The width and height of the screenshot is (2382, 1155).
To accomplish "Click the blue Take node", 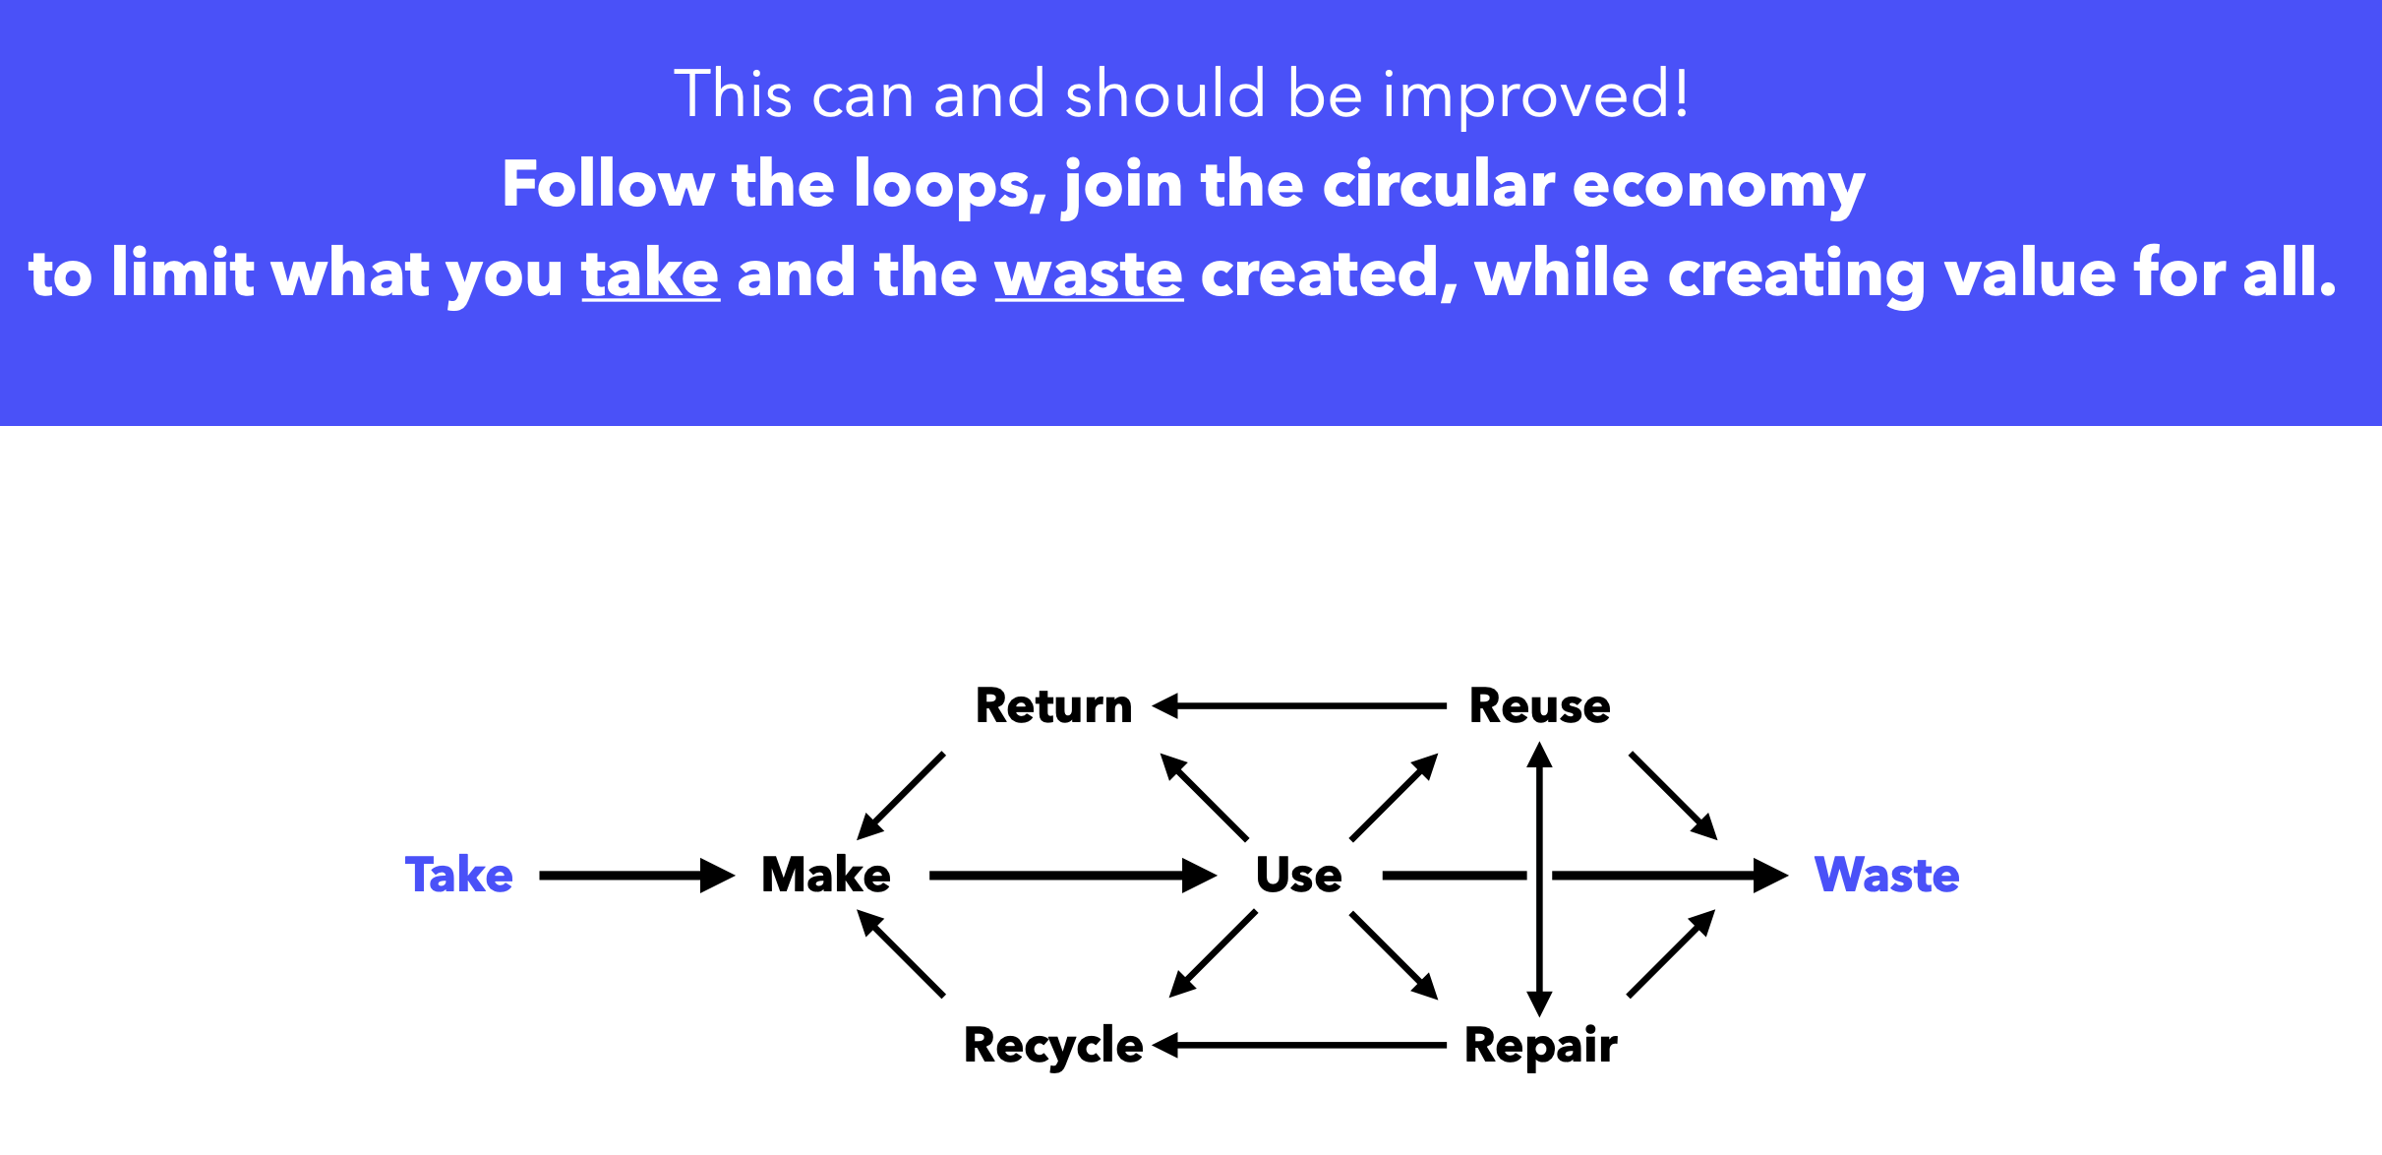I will [x=458, y=875].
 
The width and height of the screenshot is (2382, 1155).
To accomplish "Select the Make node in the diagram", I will [x=826, y=875].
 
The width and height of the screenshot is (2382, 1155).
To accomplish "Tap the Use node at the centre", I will [x=1298, y=875].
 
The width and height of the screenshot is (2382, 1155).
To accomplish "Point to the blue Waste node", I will [x=1886, y=875].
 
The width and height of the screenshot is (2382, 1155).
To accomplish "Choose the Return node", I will [x=1053, y=705].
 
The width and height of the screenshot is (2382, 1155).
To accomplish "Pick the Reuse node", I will [x=1539, y=705].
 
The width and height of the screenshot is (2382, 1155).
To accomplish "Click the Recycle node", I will [x=1053, y=1045].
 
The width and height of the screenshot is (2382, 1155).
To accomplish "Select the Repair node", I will [x=1540, y=1045].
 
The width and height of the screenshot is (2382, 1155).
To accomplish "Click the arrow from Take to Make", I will [x=635, y=875].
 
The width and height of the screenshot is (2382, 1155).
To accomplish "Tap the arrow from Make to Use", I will [x=1072, y=875].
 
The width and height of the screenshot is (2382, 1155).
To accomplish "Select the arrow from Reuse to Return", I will [x=1298, y=705].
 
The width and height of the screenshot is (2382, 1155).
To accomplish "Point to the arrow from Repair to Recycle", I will [x=1298, y=1045].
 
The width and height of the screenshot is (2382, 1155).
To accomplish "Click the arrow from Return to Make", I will [x=901, y=796].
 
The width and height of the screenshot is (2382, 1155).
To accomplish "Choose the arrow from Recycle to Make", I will [x=901, y=953].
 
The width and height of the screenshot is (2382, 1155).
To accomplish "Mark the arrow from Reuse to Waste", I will [x=1673, y=796].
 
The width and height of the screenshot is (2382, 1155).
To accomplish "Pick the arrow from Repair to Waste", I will [x=1672, y=953].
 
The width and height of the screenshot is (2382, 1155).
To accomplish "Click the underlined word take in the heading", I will [x=650, y=274].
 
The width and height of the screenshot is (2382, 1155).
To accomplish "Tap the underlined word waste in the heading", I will [x=1089, y=274].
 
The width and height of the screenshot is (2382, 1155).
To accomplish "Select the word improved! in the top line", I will [x=1535, y=95].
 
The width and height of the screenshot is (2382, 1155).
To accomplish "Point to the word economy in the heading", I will [x=1718, y=185].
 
